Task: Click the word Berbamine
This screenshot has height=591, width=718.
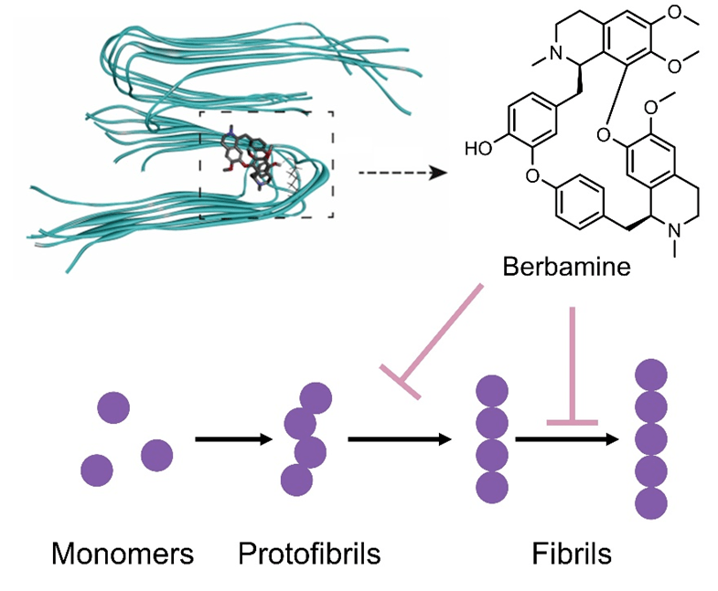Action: [564, 268]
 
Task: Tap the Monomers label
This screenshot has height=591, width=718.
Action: [123, 553]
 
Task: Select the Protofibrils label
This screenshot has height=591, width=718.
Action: [309, 553]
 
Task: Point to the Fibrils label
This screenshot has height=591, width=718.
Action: [572, 553]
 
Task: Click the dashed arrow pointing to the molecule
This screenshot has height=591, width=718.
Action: [402, 171]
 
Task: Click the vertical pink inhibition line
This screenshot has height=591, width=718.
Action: [573, 365]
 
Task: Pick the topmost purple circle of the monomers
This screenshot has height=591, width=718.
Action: [114, 406]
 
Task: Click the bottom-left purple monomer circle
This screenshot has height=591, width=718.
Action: [97, 470]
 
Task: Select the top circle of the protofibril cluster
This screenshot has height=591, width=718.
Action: [316, 396]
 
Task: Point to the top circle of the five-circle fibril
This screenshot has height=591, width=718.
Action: [650, 375]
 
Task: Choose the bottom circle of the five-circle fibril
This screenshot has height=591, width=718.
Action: [650, 501]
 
